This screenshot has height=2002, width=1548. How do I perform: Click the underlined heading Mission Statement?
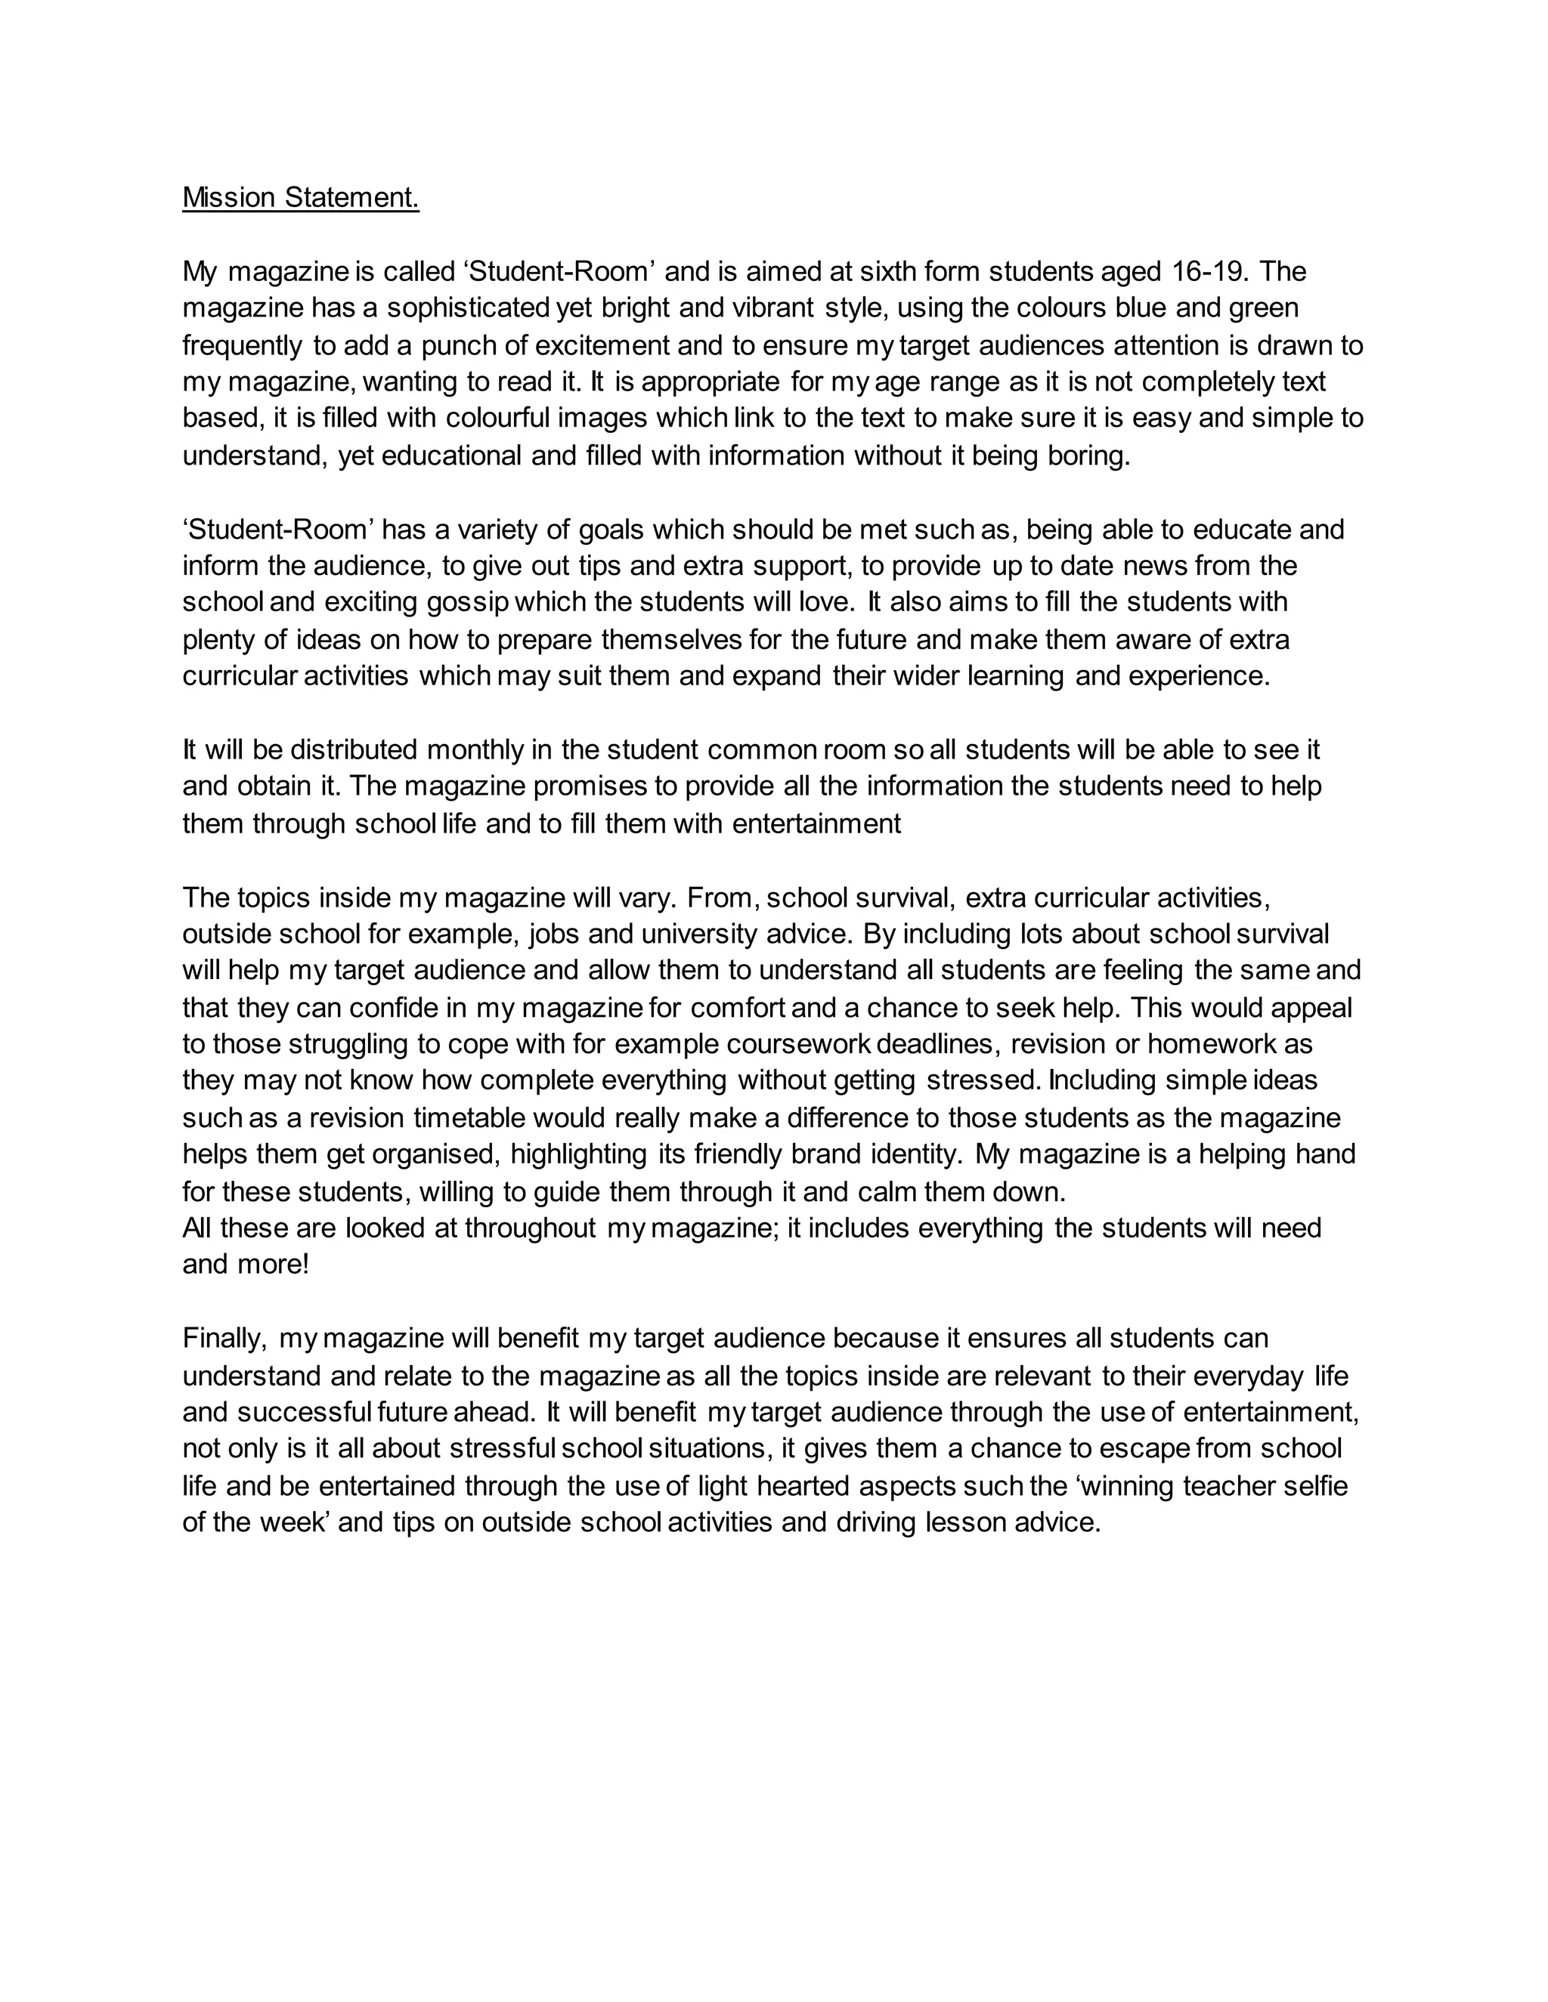301,197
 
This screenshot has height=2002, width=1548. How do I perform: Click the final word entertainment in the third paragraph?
817,823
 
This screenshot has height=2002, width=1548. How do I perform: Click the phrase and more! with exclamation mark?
246,1264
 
